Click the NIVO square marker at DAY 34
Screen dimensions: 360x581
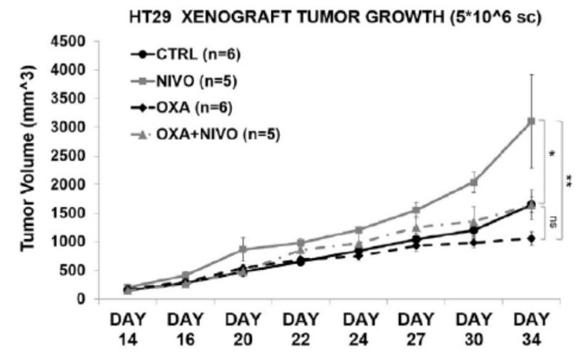531,121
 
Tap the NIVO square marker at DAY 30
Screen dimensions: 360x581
474,182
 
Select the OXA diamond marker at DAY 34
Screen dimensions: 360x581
531,238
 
